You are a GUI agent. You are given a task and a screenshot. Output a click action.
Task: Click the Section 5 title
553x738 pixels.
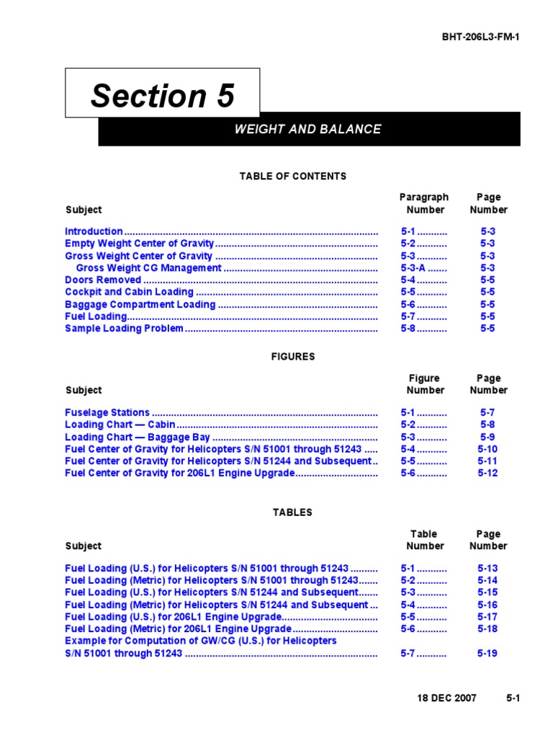[x=162, y=95]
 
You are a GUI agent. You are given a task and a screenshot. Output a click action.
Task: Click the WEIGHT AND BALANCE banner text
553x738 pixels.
[x=308, y=130]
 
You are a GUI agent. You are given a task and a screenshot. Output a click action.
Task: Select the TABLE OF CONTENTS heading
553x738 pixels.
[x=293, y=176]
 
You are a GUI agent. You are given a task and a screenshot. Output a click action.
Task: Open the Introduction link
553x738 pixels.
[x=94, y=231]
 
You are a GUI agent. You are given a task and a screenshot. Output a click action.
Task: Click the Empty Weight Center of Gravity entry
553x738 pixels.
[x=139, y=244]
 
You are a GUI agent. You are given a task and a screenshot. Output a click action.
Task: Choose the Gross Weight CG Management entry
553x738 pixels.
[x=148, y=268]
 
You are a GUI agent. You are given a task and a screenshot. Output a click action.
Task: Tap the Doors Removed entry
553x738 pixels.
[x=103, y=280]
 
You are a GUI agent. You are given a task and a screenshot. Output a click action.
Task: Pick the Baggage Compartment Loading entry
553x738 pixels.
[x=140, y=304]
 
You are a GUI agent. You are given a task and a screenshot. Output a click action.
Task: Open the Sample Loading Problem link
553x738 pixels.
[x=124, y=329]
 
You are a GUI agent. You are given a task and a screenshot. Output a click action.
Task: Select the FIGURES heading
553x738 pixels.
[x=293, y=357]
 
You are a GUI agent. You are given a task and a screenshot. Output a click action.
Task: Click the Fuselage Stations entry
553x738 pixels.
[x=107, y=413]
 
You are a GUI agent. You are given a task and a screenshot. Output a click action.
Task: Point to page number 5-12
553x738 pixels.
[x=487, y=474]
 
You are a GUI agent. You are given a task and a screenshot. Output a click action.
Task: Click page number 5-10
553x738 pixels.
[x=487, y=449]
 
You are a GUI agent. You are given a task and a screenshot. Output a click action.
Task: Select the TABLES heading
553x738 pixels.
[x=292, y=512]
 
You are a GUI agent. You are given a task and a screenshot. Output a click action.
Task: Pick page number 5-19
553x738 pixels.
[x=487, y=654]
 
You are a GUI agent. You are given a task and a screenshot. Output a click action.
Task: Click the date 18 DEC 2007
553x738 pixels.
[x=448, y=698]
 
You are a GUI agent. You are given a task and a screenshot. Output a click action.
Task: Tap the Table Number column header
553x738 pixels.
[x=424, y=540]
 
